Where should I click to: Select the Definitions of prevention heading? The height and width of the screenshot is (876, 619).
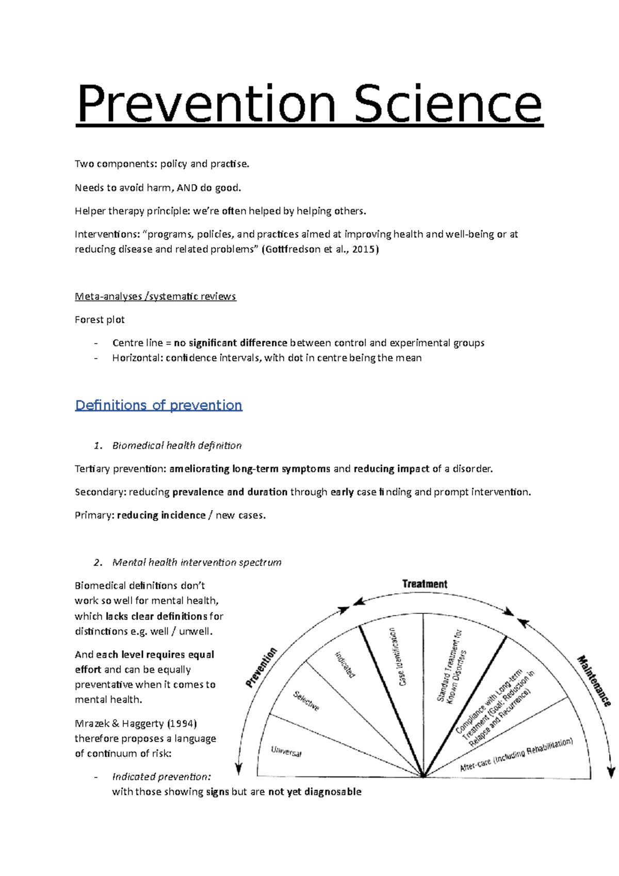pos(158,405)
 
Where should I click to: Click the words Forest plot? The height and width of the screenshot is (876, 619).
pos(100,320)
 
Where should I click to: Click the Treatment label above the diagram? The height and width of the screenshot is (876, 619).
pos(425,584)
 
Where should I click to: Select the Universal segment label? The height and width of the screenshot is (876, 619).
pos(286,752)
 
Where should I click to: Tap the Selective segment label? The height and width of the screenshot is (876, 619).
pos(306,701)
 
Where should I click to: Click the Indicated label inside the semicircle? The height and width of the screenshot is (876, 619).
pos(345,664)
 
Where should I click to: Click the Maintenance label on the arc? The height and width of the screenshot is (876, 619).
pos(594,681)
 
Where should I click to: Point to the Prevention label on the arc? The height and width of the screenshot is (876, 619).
pos(261,668)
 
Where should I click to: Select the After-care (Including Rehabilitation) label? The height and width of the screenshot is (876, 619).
pos(516,754)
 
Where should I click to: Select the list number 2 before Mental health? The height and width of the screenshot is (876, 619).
pos(97,563)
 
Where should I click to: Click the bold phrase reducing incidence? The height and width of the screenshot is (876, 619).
pos(161,515)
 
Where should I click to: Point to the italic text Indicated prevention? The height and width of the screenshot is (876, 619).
pos(161,777)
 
